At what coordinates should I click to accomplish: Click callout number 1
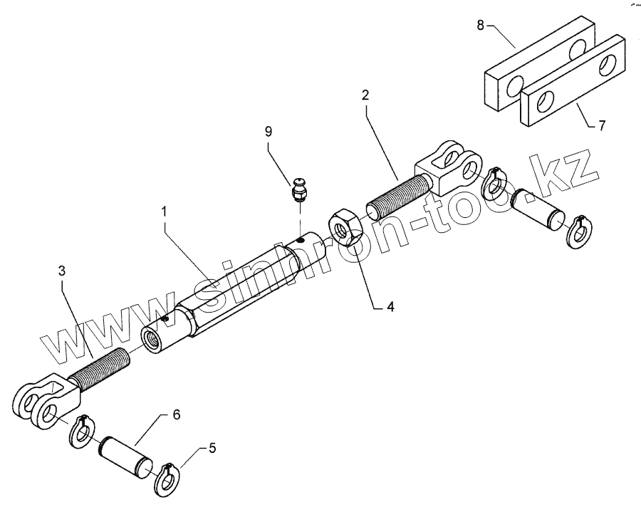164,211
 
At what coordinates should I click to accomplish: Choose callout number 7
602,127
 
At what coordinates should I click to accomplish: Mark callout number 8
480,25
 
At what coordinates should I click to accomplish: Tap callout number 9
268,132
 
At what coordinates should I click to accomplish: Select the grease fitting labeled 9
299,190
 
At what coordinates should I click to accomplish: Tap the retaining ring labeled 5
167,481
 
